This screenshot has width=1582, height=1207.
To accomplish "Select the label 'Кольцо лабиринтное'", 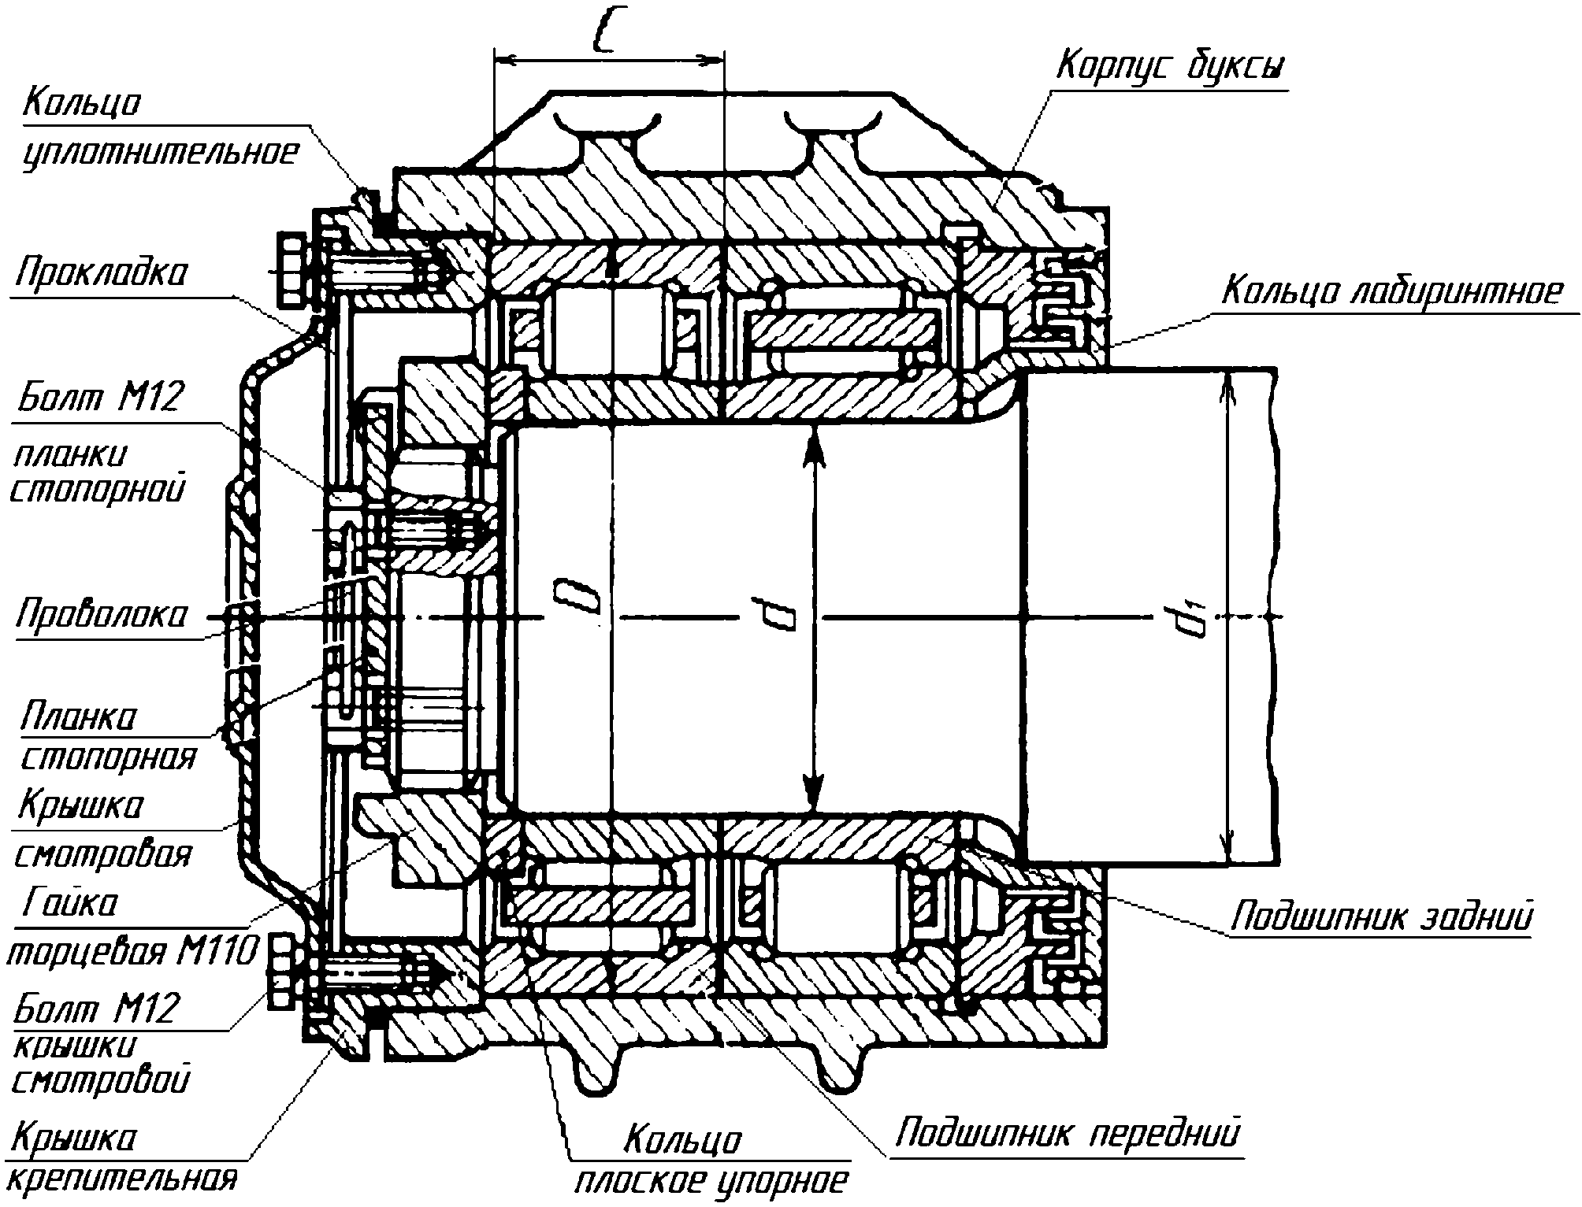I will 1391,292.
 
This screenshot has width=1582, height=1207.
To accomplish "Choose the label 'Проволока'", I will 102,614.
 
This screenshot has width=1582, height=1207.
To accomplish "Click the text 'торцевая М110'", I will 132,953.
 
